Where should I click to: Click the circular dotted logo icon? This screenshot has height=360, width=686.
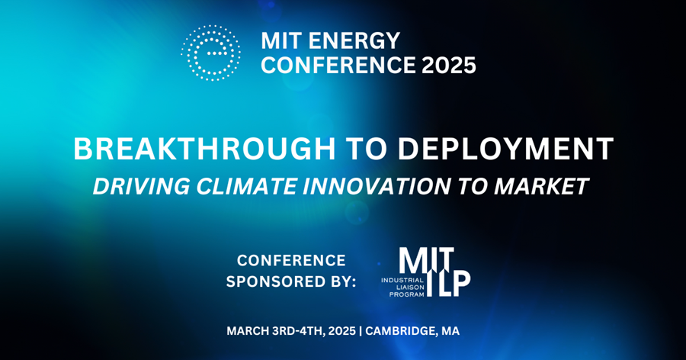(211, 53)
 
